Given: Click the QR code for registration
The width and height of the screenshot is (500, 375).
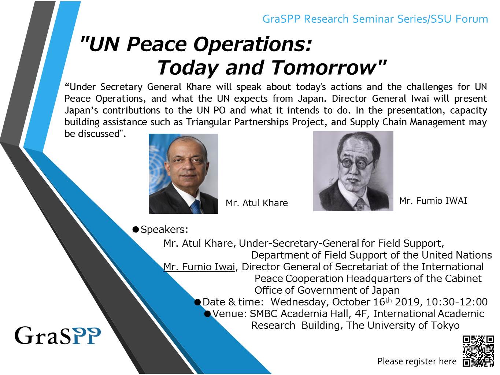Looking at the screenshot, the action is pos(478,351).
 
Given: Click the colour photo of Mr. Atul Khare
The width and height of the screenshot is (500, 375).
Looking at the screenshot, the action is pos(184,174).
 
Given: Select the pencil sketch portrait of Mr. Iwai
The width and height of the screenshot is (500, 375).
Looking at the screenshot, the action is pos(353,171).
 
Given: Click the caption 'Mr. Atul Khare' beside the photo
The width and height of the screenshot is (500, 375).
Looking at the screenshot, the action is pos(257,203).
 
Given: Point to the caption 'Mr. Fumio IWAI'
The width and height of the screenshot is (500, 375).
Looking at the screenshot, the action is pos(433,201).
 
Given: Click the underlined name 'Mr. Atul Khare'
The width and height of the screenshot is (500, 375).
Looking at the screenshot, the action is pos(198,243).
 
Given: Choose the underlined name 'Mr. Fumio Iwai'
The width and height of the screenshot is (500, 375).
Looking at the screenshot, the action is pos(199,267).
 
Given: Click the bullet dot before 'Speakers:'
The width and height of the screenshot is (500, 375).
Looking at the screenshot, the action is pos(136,230).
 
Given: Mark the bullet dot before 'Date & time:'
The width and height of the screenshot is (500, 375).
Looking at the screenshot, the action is pos(197,302).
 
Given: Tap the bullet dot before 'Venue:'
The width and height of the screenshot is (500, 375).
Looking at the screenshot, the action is pos(208,314).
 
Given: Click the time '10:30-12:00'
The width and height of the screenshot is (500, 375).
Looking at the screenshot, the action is pos(456,302).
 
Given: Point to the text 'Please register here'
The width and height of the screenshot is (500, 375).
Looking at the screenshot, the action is pos(417,361).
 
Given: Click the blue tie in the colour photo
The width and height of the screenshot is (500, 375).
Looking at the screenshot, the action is pos(196,207).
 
